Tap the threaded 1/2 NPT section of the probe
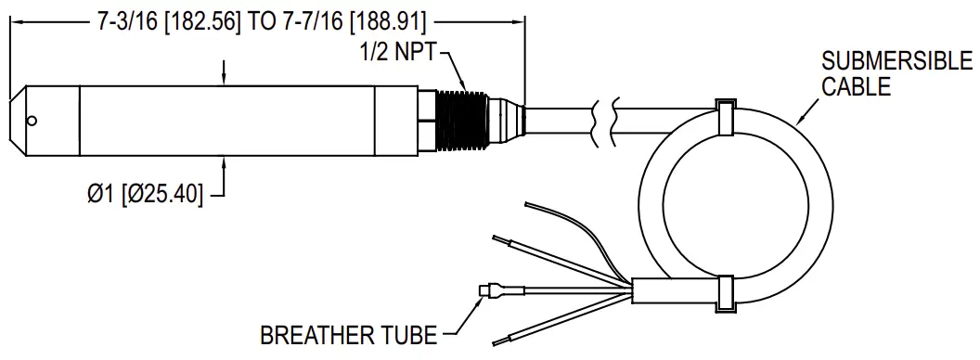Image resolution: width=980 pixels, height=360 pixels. point(462,121)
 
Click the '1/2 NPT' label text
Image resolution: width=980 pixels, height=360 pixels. point(397,52)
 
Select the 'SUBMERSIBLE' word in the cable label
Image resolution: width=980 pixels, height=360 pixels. point(896,62)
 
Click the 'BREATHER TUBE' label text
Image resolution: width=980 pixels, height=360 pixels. point(349,336)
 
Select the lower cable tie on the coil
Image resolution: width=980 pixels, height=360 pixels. point(725,293)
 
